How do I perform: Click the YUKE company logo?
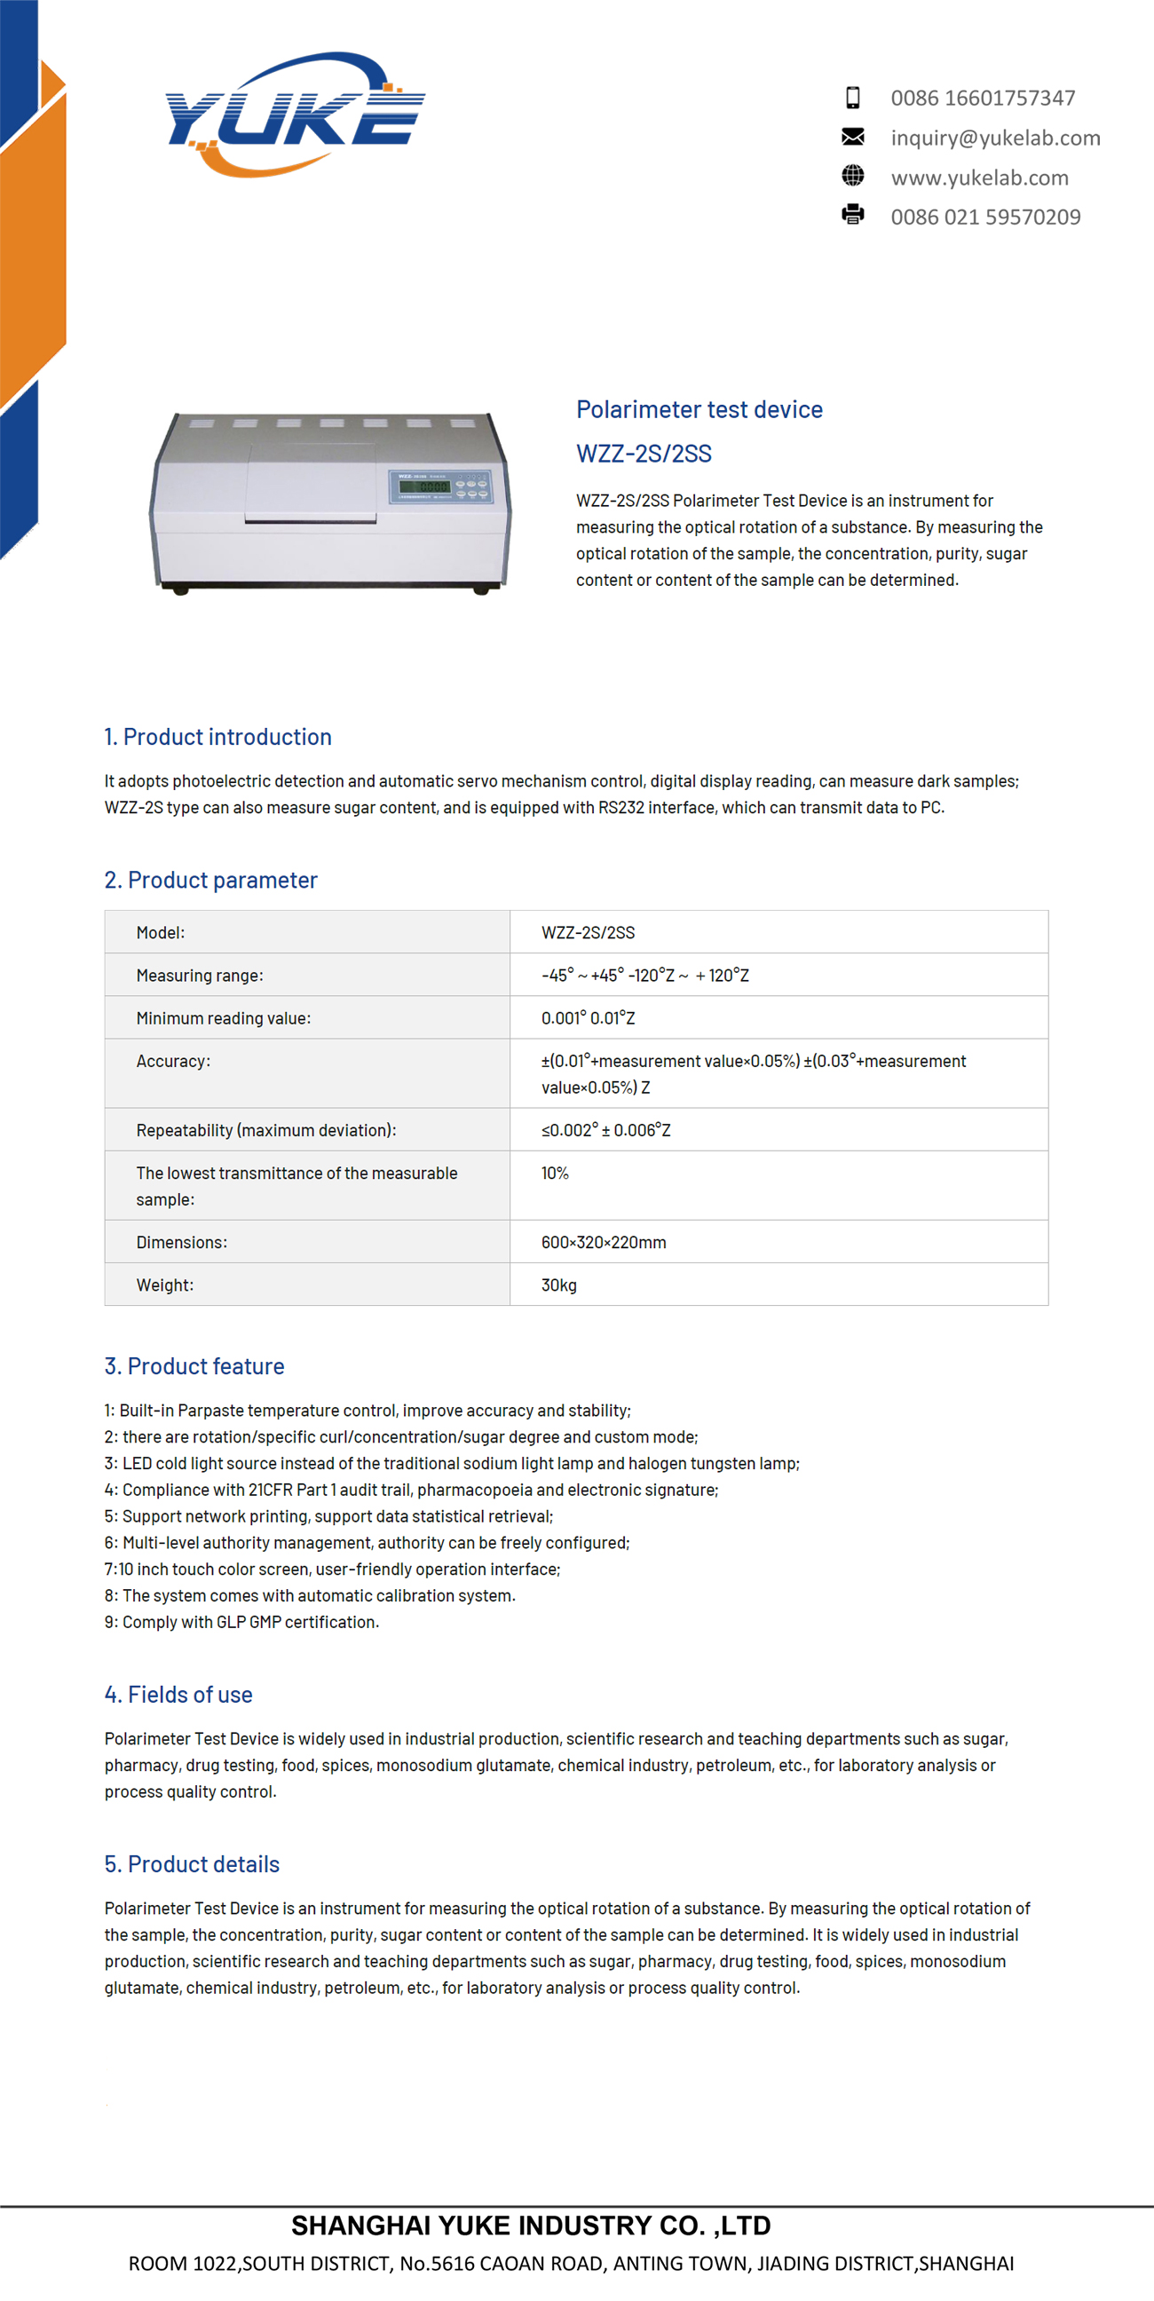(295, 115)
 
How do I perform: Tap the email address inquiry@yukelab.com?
(995, 138)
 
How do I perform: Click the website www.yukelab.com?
(979, 178)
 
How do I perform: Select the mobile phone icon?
(853, 98)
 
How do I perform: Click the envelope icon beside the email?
(853, 137)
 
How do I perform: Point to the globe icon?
(853, 176)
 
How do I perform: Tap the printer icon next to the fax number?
(853, 215)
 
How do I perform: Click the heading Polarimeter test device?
(700, 409)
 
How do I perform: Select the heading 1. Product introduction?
(218, 737)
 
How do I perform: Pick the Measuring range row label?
(199, 976)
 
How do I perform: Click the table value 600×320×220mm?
(604, 1243)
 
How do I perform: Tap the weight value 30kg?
(559, 1285)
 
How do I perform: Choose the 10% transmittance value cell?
(555, 1173)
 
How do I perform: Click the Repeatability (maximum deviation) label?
(266, 1130)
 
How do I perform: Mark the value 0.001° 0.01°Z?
(588, 1018)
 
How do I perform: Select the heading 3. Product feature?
(194, 1365)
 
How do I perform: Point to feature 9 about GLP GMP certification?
(241, 1622)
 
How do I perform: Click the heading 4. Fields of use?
(178, 1695)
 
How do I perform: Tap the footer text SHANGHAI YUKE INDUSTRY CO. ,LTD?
(532, 2225)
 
